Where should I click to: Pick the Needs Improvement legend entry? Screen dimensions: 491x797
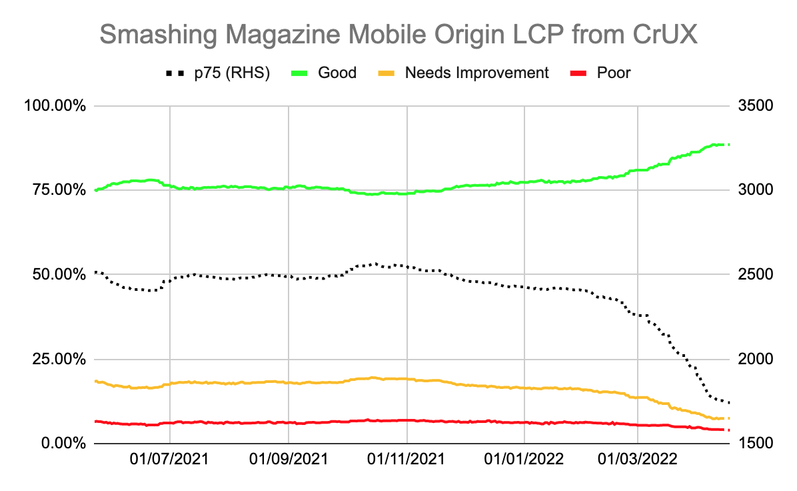[x=476, y=73]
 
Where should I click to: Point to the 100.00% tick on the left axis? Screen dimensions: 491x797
[x=53, y=106]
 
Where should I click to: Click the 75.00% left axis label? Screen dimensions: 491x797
[x=56, y=191]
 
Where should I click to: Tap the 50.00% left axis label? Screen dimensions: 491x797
[x=56, y=275]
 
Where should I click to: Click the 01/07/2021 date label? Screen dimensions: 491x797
[x=170, y=460]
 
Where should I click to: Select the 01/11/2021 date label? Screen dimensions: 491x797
[x=407, y=460]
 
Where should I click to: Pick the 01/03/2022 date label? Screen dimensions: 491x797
[x=638, y=460]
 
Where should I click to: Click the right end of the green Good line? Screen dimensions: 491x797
[x=729, y=145]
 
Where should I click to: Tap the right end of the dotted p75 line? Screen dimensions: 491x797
[x=729, y=402]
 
